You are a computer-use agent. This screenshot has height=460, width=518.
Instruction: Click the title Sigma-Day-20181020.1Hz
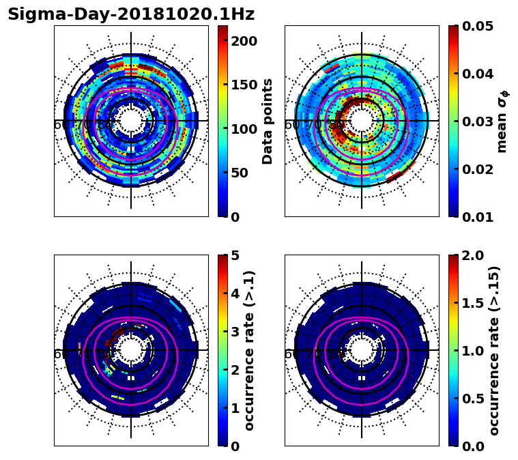pyautogui.click(x=131, y=14)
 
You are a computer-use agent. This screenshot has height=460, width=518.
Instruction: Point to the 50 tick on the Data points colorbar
pyautogui.click(x=240, y=173)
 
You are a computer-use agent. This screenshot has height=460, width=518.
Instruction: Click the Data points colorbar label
pyautogui.click(x=268, y=121)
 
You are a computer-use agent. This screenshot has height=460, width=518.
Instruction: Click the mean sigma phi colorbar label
pyautogui.click(x=502, y=121)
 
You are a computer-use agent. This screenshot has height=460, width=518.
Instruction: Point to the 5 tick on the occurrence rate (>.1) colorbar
pyautogui.click(x=235, y=255)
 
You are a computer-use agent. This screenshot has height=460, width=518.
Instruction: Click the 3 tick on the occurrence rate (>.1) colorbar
pyautogui.click(x=235, y=332)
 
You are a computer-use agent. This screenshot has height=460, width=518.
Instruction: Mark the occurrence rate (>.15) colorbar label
pyautogui.click(x=494, y=350)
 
